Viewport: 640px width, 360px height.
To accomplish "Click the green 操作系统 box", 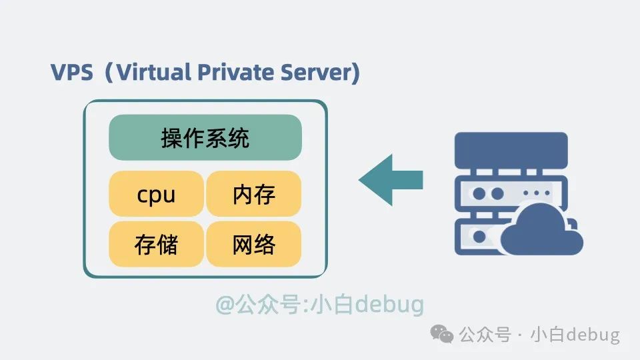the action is tap(205, 137).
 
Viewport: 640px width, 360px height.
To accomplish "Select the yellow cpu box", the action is tap(156, 193).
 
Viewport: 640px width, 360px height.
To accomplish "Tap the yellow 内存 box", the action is tap(254, 193).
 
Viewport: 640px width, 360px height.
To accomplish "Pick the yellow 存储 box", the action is tap(156, 244).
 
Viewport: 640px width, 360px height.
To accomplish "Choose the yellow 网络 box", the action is tap(254, 244).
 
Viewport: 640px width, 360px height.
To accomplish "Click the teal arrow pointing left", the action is tap(391, 180).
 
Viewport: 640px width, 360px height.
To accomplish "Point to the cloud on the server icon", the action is tap(541, 229).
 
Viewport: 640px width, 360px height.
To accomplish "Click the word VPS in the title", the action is tap(72, 72).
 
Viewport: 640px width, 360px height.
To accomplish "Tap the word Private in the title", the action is tap(235, 72).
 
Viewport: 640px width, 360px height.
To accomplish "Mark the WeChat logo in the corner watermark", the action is tap(442, 334).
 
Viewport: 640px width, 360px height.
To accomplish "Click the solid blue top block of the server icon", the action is tap(511, 150).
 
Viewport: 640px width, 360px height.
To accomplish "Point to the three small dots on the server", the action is tap(536, 193).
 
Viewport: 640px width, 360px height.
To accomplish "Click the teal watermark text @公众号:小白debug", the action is tap(319, 305).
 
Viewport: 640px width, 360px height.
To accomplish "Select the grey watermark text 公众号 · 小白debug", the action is tap(539, 335).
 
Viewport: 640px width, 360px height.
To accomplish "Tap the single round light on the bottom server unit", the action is tap(479, 236).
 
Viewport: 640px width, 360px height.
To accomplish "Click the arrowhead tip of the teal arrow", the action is tap(359, 180).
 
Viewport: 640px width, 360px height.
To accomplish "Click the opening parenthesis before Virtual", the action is tap(108, 73).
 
